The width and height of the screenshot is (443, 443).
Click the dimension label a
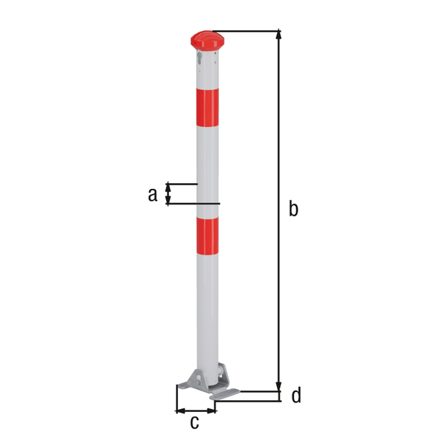(152, 194)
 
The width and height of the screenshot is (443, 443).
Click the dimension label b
(293, 210)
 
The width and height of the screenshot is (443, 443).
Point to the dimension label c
(194, 422)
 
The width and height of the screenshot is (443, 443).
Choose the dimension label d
(295, 396)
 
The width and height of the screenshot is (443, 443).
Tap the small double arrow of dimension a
(168, 193)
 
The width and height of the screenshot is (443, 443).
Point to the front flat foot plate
(225, 396)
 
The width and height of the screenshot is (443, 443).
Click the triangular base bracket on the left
(188, 379)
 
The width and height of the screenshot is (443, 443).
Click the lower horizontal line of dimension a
(193, 204)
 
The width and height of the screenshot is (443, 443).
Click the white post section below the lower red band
(207, 310)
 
